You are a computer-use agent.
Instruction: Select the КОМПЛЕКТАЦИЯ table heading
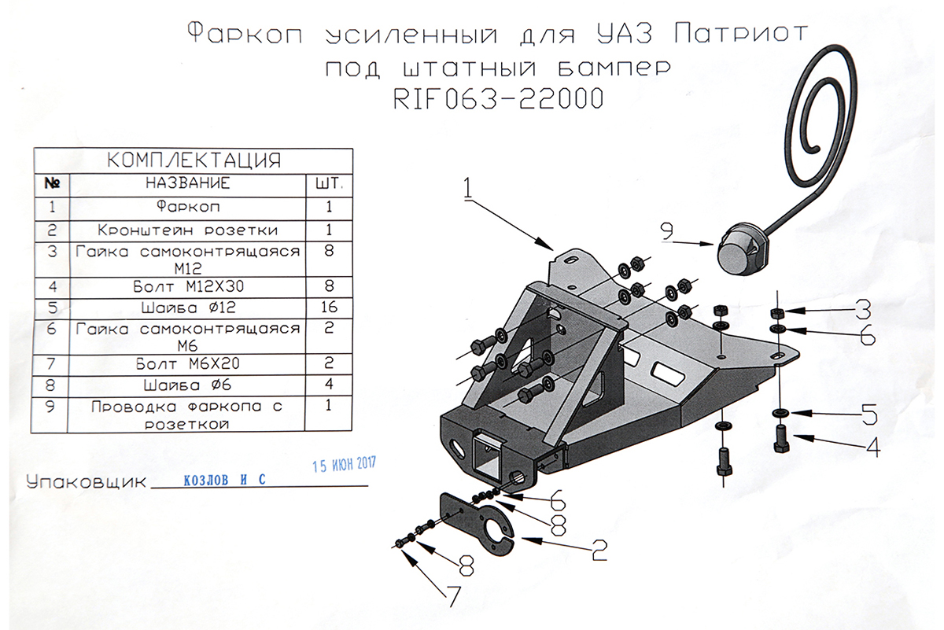coord(194,160)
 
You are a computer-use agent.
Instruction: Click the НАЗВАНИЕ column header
coord(187,183)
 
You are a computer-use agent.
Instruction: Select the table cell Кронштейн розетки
coord(187,230)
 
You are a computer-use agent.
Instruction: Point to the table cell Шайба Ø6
coord(187,385)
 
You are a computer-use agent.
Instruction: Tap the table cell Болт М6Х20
coord(187,363)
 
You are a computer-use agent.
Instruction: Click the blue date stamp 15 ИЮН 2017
coord(345,464)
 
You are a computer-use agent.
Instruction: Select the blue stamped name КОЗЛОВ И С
coord(221,479)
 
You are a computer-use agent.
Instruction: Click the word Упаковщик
coord(87,481)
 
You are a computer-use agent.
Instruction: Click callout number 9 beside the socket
coord(667,230)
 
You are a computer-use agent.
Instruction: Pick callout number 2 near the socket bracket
coord(599,550)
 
